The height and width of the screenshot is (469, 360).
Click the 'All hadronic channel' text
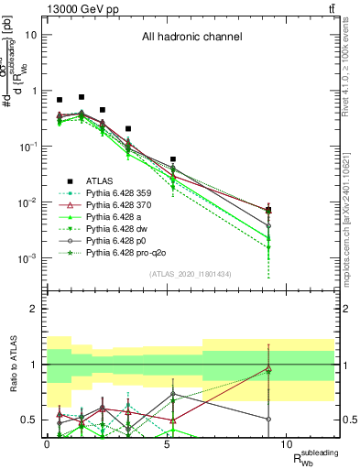pyautogui.click(x=191, y=38)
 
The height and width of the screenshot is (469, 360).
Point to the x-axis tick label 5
pyautogui.click(x=167, y=442)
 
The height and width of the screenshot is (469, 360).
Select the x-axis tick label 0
pyautogui.click(x=47, y=442)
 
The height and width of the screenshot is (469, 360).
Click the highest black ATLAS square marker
pyautogui.click(x=82, y=96)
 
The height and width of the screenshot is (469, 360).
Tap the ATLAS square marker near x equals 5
pyautogui.click(x=172, y=159)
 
